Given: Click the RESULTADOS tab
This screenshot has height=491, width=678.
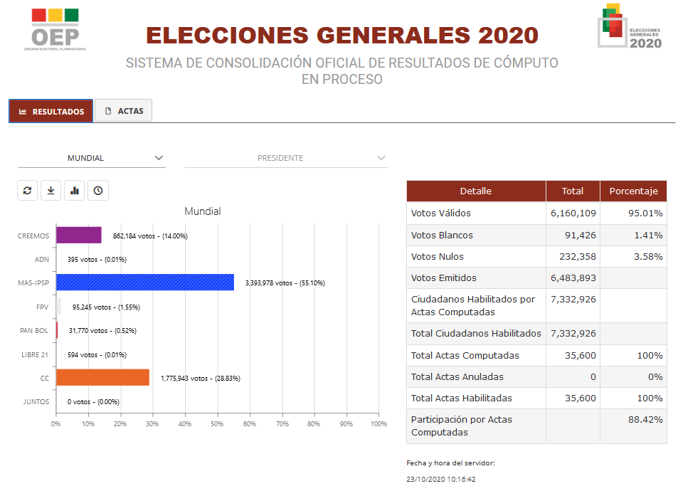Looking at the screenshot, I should click(51, 111).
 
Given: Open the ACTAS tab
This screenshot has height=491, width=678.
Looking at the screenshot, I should click(124, 111).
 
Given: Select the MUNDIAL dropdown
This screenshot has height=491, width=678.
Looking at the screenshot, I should click(91, 158).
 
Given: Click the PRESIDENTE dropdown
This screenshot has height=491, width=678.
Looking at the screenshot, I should click(286, 158).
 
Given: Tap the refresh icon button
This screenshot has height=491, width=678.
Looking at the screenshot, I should click(27, 191).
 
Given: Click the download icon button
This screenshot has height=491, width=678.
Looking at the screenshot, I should click(51, 191).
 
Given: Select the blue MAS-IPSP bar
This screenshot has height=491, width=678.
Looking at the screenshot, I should click(144, 283).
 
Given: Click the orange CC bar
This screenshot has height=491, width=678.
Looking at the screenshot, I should click(102, 378).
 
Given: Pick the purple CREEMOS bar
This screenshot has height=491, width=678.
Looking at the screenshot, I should click(78, 235).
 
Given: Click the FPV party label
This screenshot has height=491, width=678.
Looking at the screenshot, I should click(42, 307).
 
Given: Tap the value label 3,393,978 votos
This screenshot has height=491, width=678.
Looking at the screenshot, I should click(285, 283).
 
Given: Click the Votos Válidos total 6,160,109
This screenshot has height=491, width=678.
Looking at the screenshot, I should click(573, 213).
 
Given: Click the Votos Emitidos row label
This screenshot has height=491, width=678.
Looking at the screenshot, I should click(444, 278).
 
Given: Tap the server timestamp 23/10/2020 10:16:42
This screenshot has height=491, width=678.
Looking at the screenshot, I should click(441, 480).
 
